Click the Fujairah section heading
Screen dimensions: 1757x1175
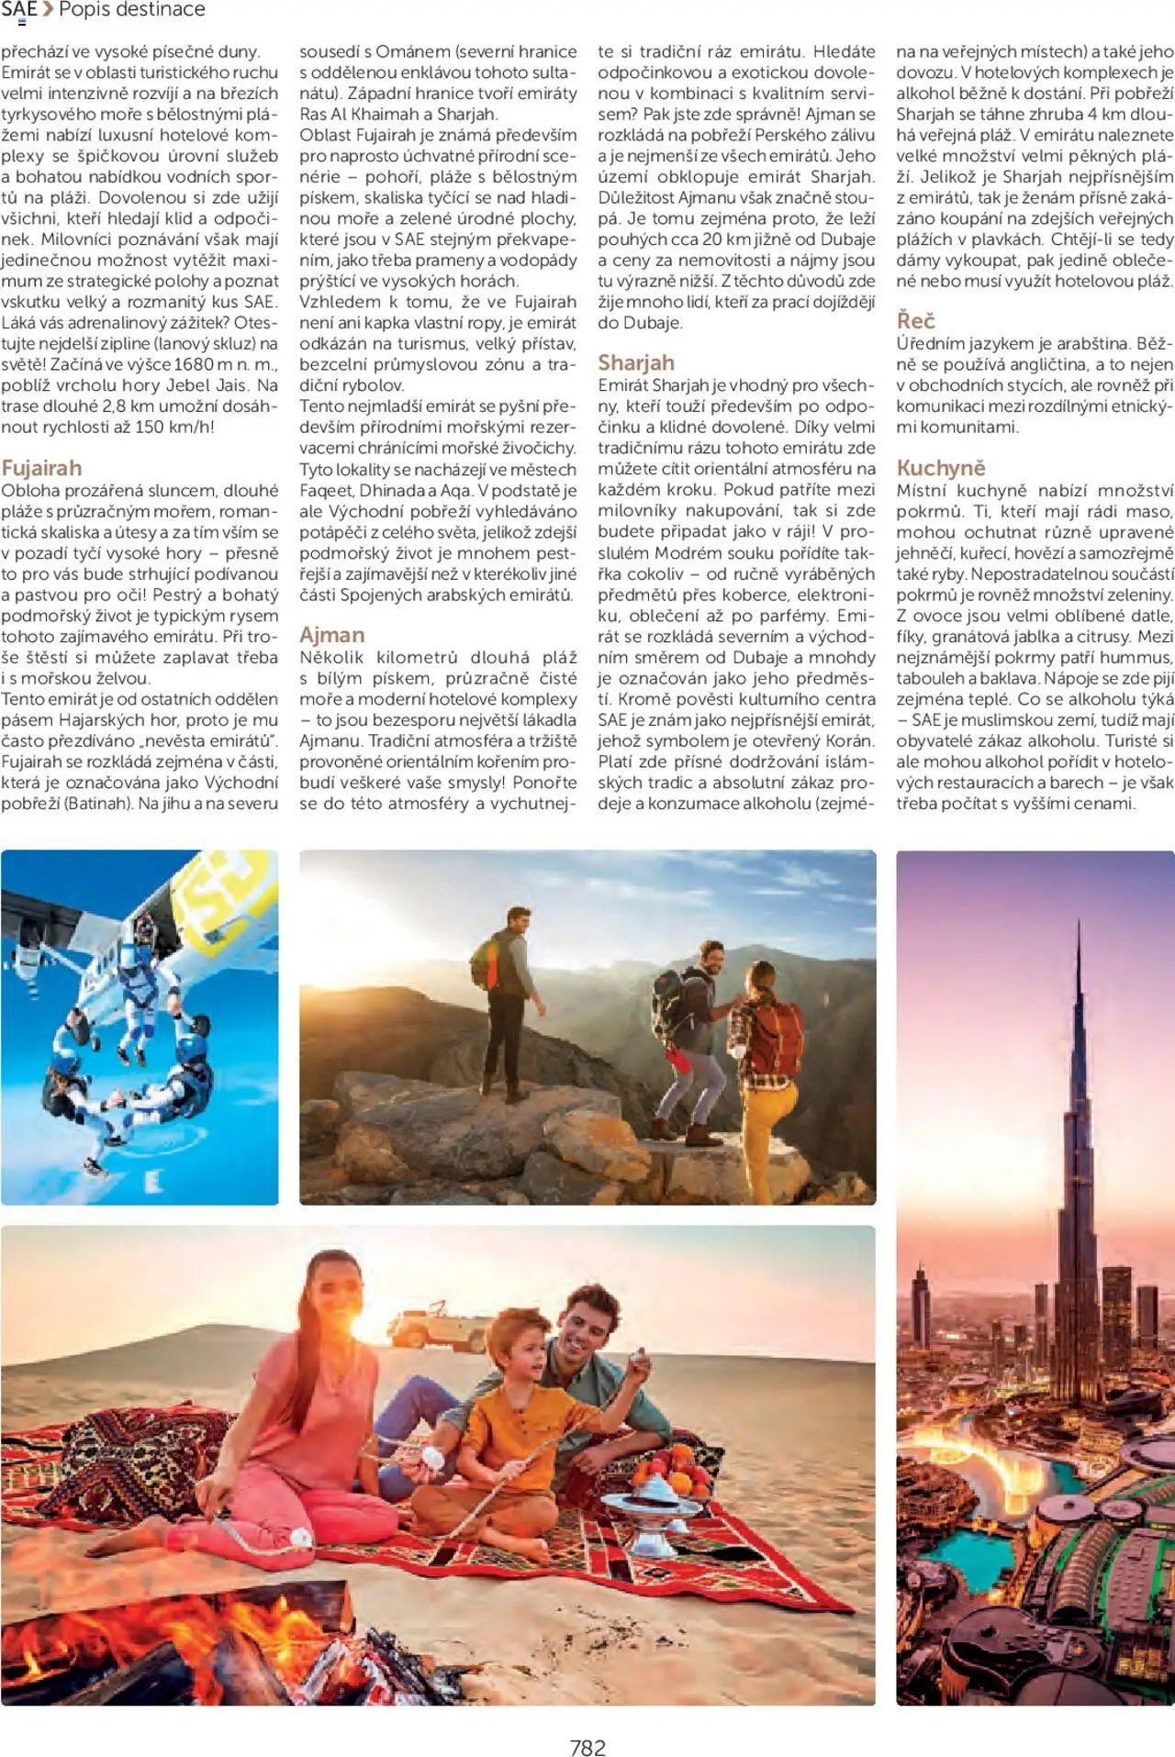tap(41, 468)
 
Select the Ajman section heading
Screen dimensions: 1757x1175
tap(331, 635)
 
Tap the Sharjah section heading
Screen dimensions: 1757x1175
tap(635, 362)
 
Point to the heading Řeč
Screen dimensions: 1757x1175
tap(915, 320)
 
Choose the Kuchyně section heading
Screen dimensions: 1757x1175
tap(940, 468)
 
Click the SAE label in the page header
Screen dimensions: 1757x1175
tap(19, 10)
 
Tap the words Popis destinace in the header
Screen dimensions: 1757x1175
tap(132, 10)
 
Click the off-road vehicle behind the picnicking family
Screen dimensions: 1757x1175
tap(440, 1328)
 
